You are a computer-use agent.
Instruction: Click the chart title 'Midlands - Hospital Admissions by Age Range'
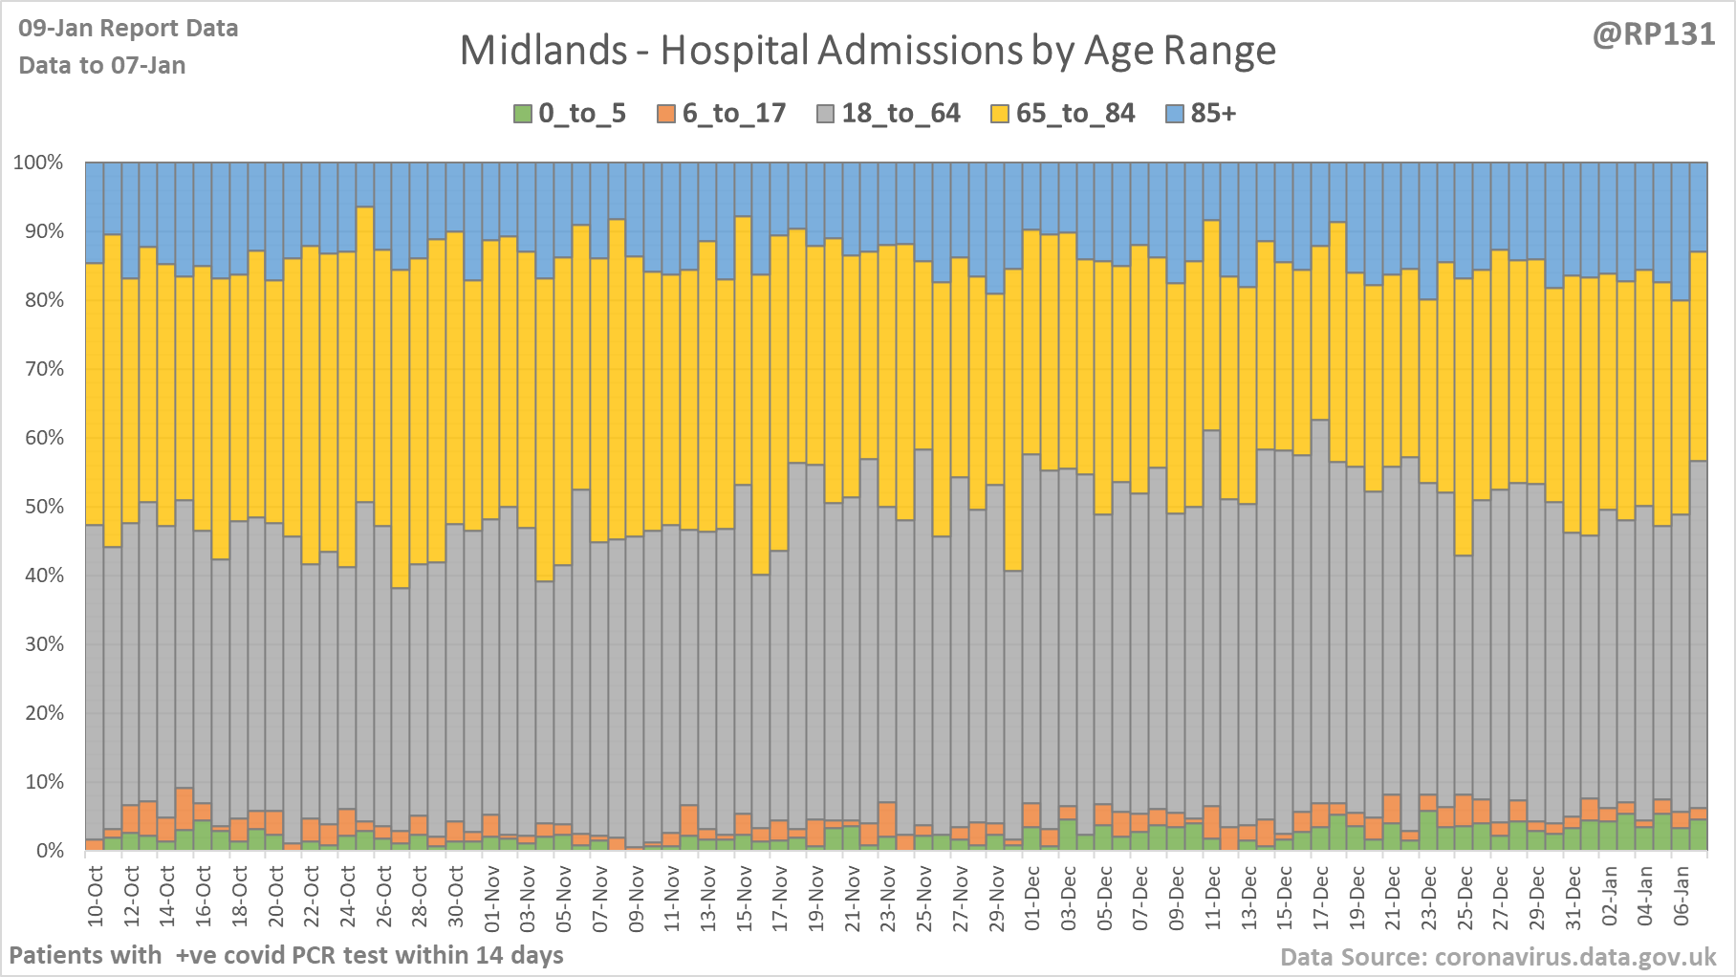(867, 51)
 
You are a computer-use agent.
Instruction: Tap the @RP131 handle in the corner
(1654, 34)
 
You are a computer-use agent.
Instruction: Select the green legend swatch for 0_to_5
(523, 114)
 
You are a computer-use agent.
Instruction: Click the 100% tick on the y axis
(38, 163)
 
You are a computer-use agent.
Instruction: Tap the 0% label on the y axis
(49, 851)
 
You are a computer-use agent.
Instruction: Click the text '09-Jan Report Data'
(128, 29)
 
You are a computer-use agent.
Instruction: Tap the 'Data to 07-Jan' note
(102, 65)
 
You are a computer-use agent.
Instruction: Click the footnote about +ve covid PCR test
(286, 955)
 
